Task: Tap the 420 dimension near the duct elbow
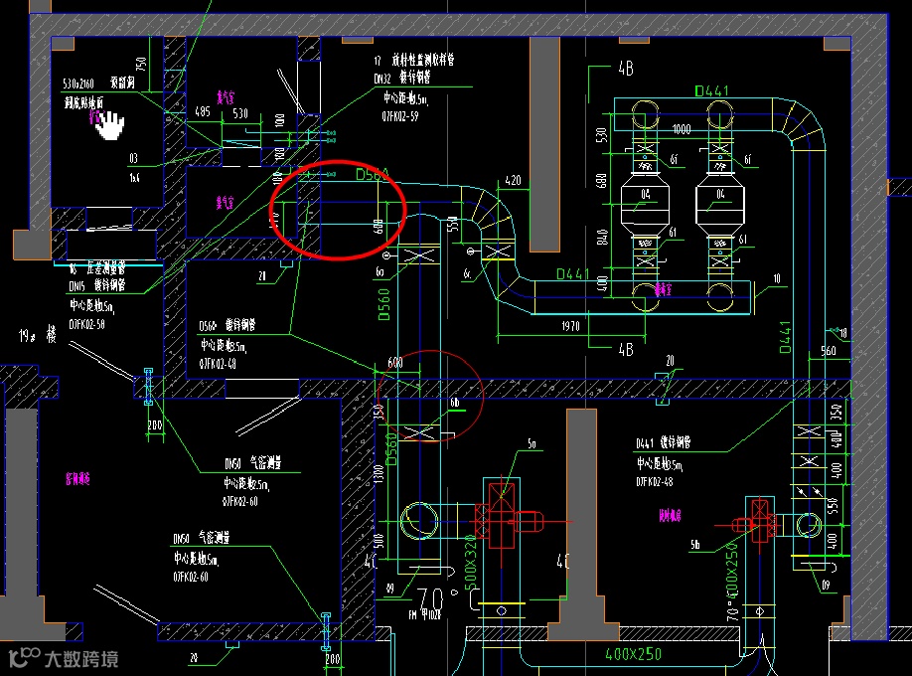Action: (x=513, y=181)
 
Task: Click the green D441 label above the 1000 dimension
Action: (x=712, y=91)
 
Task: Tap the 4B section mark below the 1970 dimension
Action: (x=625, y=349)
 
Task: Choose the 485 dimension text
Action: (x=203, y=112)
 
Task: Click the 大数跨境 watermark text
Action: (x=79, y=658)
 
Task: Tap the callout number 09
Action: (x=827, y=586)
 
